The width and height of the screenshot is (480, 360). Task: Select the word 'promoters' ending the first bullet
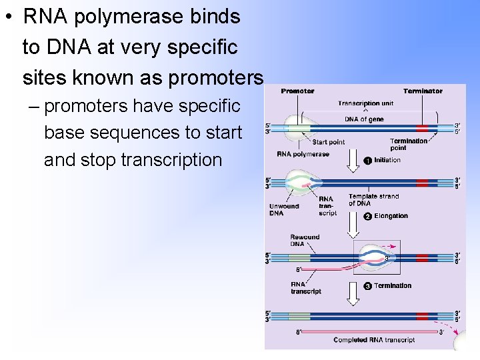click(x=217, y=78)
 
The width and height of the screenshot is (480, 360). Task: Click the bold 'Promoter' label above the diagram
click(x=297, y=91)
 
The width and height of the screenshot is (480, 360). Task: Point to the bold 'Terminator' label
click(x=423, y=91)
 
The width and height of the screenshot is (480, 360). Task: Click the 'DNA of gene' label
click(x=364, y=119)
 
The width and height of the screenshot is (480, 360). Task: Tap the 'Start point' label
click(x=328, y=142)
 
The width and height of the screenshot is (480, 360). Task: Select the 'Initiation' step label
click(x=387, y=160)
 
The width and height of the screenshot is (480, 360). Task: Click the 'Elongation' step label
click(x=391, y=216)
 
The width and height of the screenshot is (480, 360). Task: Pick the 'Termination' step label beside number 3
click(x=393, y=286)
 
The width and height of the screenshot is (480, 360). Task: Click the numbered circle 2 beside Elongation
click(x=367, y=216)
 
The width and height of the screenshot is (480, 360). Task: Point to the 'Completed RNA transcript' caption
click(x=374, y=340)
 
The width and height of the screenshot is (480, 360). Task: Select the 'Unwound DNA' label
click(x=285, y=209)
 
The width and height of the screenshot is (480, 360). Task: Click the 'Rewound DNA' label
click(x=305, y=240)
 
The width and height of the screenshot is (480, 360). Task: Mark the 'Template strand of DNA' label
click(x=373, y=200)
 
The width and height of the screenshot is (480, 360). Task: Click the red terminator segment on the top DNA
click(x=423, y=128)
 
